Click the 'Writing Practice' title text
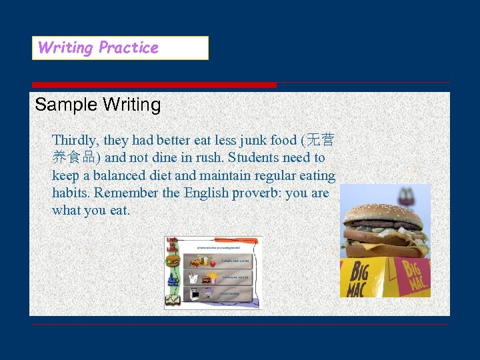98,48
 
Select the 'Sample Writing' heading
98,105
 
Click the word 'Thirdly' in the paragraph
75,141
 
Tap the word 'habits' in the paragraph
71,193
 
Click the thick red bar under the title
154,85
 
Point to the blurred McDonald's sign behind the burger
404,195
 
